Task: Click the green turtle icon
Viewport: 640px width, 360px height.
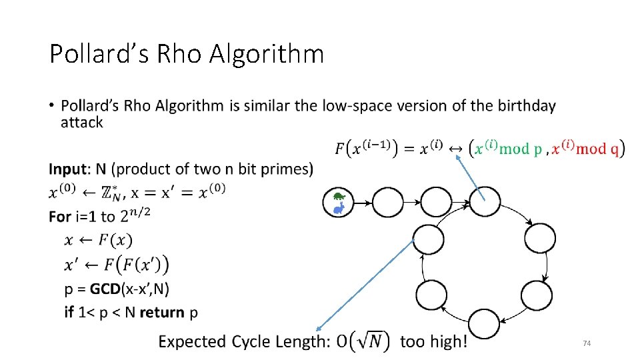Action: click(x=339, y=197)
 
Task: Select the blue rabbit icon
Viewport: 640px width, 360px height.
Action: click(x=339, y=209)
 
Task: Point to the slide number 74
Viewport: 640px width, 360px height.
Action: click(x=587, y=343)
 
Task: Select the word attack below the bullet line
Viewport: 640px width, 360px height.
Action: click(x=81, y=123)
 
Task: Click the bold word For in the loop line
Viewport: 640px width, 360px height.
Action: click(x=61, y=217)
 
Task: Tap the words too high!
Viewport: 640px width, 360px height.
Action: click(x=433, y=342)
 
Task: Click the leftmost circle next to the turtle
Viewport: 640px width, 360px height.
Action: click(x=389, y=202)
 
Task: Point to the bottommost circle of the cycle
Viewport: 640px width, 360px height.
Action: click(x=484, y=323)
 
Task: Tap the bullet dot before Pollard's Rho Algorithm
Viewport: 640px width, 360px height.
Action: click(x=52, y=107)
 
